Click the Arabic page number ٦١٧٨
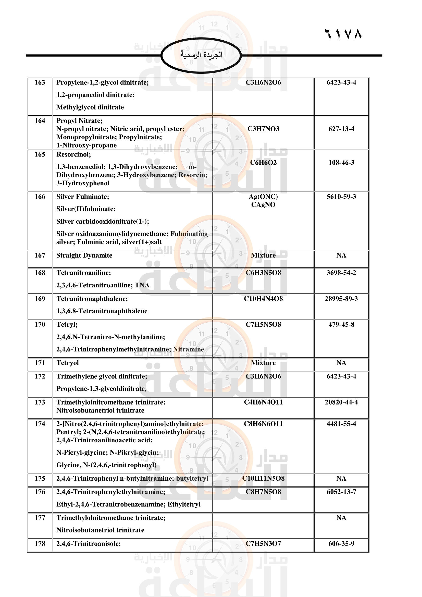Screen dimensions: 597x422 pos(343,34)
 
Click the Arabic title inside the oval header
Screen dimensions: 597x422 pos(201,55)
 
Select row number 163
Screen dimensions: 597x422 pos(40,82)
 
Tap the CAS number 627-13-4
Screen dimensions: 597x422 pos(341,129)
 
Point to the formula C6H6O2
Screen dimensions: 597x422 pos(263,163)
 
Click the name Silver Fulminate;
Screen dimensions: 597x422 pos(83,197)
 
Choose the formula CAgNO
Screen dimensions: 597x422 pos(263,205)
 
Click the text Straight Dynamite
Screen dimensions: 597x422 pos(84,255)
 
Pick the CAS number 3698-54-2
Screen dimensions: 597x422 pos(341,273)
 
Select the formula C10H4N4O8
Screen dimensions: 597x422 pos(263,299)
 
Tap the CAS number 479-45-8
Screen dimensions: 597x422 pos(341,324)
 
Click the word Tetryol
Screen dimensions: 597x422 pos(68,363)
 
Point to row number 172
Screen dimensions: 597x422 pos(40,376)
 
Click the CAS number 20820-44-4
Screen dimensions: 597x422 pos(341,402)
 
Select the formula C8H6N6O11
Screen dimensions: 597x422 pos(263,424)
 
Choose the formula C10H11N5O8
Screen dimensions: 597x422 pos(263,478)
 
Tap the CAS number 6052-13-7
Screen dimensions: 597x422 pos(341,492)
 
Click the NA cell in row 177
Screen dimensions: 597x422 pos(341,518)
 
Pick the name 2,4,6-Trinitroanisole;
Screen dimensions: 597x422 pos(89,544)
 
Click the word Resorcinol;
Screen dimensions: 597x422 pos(73,154)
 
